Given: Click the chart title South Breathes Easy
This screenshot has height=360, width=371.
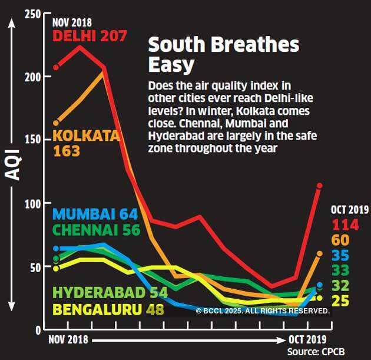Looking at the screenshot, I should point(223,54).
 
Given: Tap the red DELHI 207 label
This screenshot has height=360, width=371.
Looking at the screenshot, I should point(90,36).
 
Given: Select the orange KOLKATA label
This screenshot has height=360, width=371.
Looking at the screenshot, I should point(86,136).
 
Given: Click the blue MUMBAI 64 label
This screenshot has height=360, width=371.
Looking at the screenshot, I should point(95,214).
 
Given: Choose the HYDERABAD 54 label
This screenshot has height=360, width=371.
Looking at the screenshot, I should point(110,292).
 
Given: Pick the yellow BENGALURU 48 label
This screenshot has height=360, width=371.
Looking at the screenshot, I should point(108,309).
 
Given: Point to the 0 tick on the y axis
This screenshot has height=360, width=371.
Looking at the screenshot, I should point(37,330).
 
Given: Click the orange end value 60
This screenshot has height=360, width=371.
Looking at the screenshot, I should point(340,240).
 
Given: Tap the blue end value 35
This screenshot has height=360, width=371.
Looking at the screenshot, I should point(340,256).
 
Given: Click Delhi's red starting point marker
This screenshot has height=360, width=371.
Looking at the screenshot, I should point(57,68).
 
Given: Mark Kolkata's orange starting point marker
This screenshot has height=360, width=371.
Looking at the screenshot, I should point(57,123).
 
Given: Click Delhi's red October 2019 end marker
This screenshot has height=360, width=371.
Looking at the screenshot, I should point(320,186).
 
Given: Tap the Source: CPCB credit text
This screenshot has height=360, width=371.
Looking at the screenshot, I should point(316,352).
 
